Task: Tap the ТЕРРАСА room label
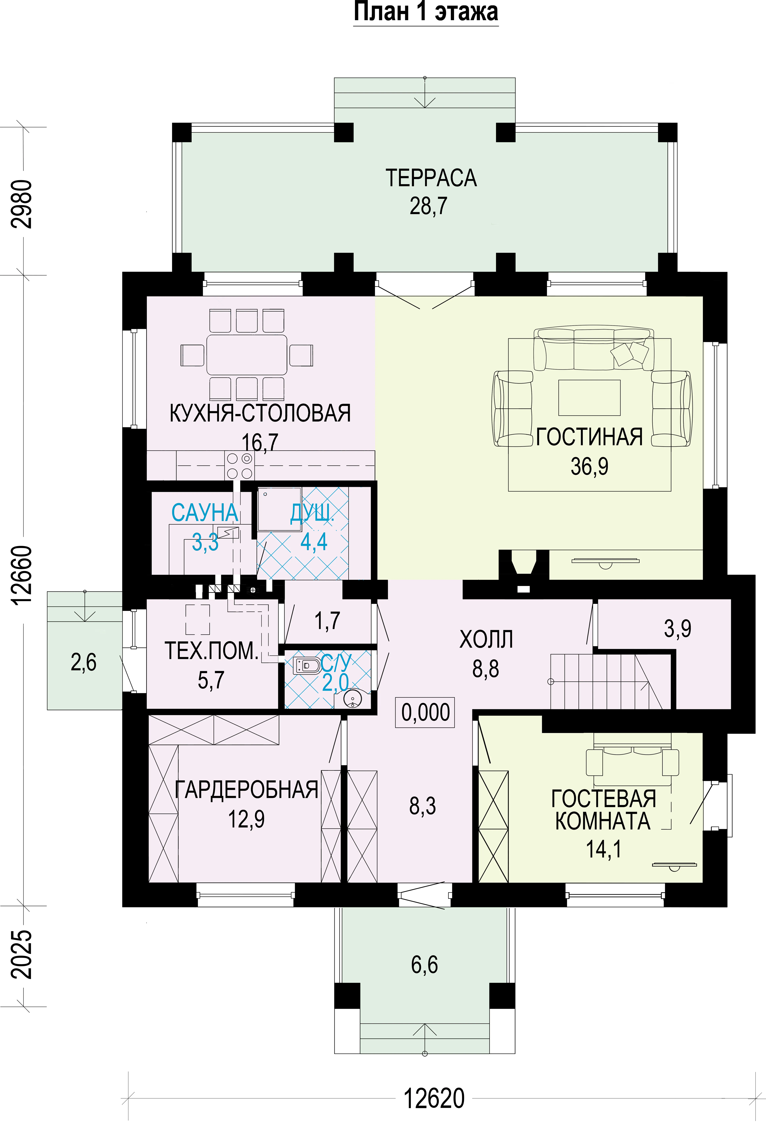pyautogui.click(x=431, y=178)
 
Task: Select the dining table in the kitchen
pyautogui.click(x=247, y=355)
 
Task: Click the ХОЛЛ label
pyautogui.click(x=486, y=639)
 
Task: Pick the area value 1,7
pyautogui.click(x=327, y=621)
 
